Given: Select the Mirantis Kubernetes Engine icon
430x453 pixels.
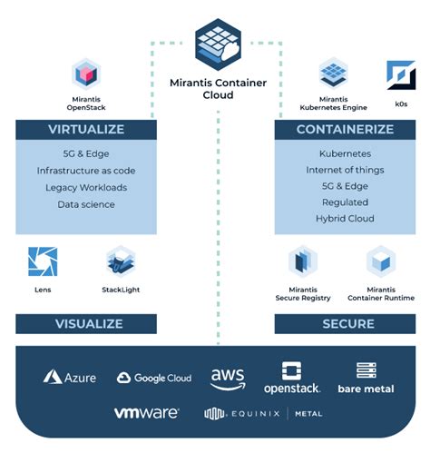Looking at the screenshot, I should [x=335, y=73].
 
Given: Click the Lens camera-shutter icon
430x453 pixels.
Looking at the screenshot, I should [x=42, y=261].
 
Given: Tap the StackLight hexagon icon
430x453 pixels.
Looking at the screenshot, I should [x=120, y=261].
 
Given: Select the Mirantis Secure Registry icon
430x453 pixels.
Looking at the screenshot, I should [x=303, y=261].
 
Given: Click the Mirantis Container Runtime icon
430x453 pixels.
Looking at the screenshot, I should [x=381, y=261].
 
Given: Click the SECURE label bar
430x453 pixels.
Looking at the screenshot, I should [x=347, y=324].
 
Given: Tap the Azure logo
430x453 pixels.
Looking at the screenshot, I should [x=69, y=377].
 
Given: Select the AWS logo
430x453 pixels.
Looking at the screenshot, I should [x=228, y=377].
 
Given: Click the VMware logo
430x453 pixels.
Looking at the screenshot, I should [x=146, y=413].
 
